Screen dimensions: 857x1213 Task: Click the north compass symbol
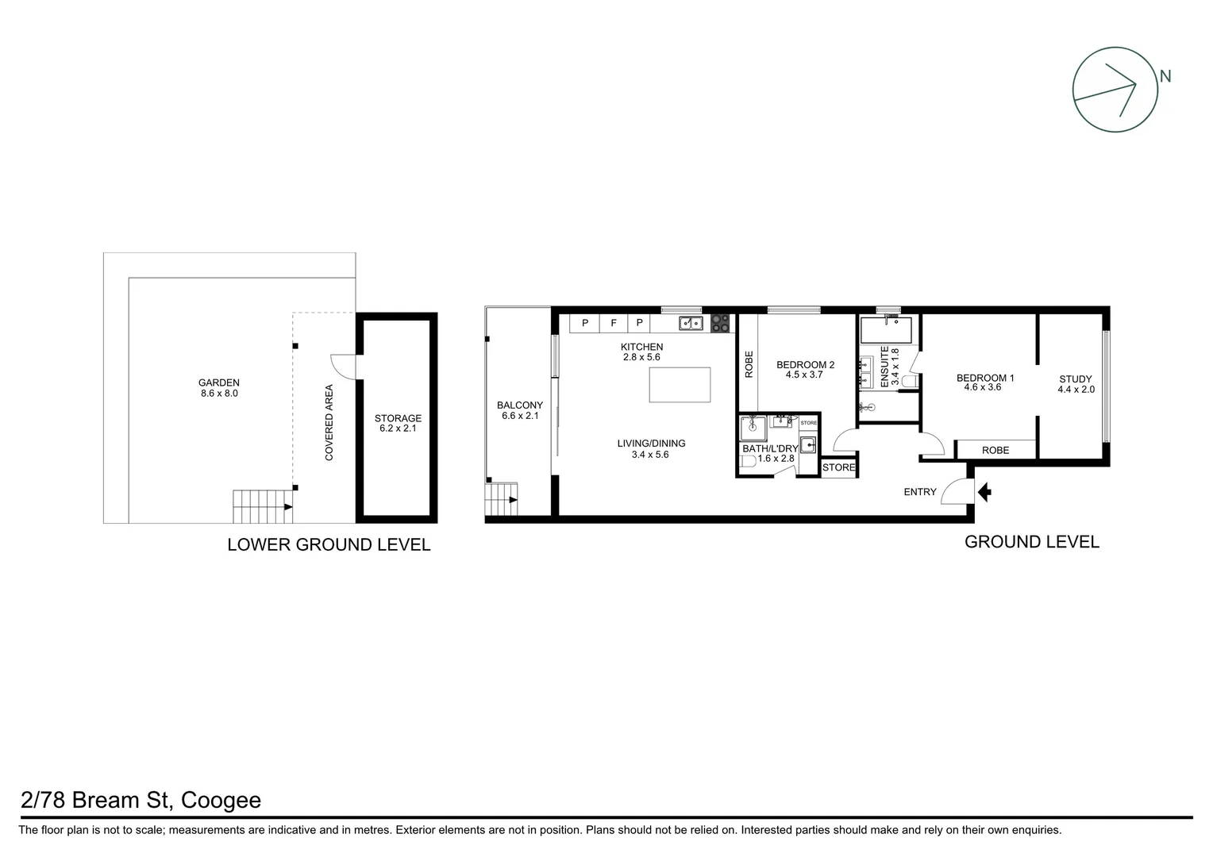tap(1115, 89)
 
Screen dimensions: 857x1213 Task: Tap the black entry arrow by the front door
tap(984, 493)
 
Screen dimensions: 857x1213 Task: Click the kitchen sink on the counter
tap(690, 323)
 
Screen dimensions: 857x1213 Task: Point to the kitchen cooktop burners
tap(721, 323)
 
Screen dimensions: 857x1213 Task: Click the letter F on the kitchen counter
tap(613, 324)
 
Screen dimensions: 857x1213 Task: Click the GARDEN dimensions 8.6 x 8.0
tap(219, 393)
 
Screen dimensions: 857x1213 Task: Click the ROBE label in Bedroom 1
tap(995, 450)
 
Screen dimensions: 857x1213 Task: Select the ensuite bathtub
tap(888, 329)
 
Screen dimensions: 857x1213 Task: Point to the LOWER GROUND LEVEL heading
tap(329, 545)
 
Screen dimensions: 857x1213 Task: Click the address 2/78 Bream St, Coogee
tap(140, 800)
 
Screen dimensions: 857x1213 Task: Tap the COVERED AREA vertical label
tap(329, 422)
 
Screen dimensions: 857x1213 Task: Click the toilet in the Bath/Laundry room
tap(748, 460)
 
